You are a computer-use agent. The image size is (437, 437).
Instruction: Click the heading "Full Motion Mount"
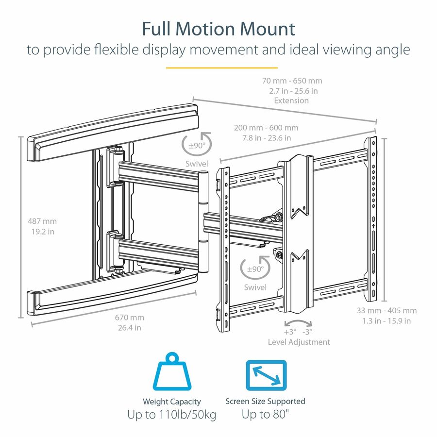[218, 29]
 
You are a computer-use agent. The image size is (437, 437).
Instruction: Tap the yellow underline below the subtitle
[222, 67]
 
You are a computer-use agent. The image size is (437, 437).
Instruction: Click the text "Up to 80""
[265, 415]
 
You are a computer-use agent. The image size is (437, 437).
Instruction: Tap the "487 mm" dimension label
[42, 221]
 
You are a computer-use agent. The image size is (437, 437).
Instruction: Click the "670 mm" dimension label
[129, 318]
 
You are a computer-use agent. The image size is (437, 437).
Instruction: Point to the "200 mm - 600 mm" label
[266, 127]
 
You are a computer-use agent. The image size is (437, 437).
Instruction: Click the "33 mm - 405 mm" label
[387, 310]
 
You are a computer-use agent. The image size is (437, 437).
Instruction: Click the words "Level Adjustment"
[299, 342]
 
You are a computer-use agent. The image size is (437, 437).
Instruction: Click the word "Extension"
[291, 101]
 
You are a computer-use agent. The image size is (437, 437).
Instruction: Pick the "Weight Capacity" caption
[171, 402]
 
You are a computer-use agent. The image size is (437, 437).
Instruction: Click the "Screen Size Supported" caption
[265, 401]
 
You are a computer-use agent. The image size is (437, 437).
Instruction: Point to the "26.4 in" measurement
[129, 327]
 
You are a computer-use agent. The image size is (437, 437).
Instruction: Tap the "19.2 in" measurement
[42, 232]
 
